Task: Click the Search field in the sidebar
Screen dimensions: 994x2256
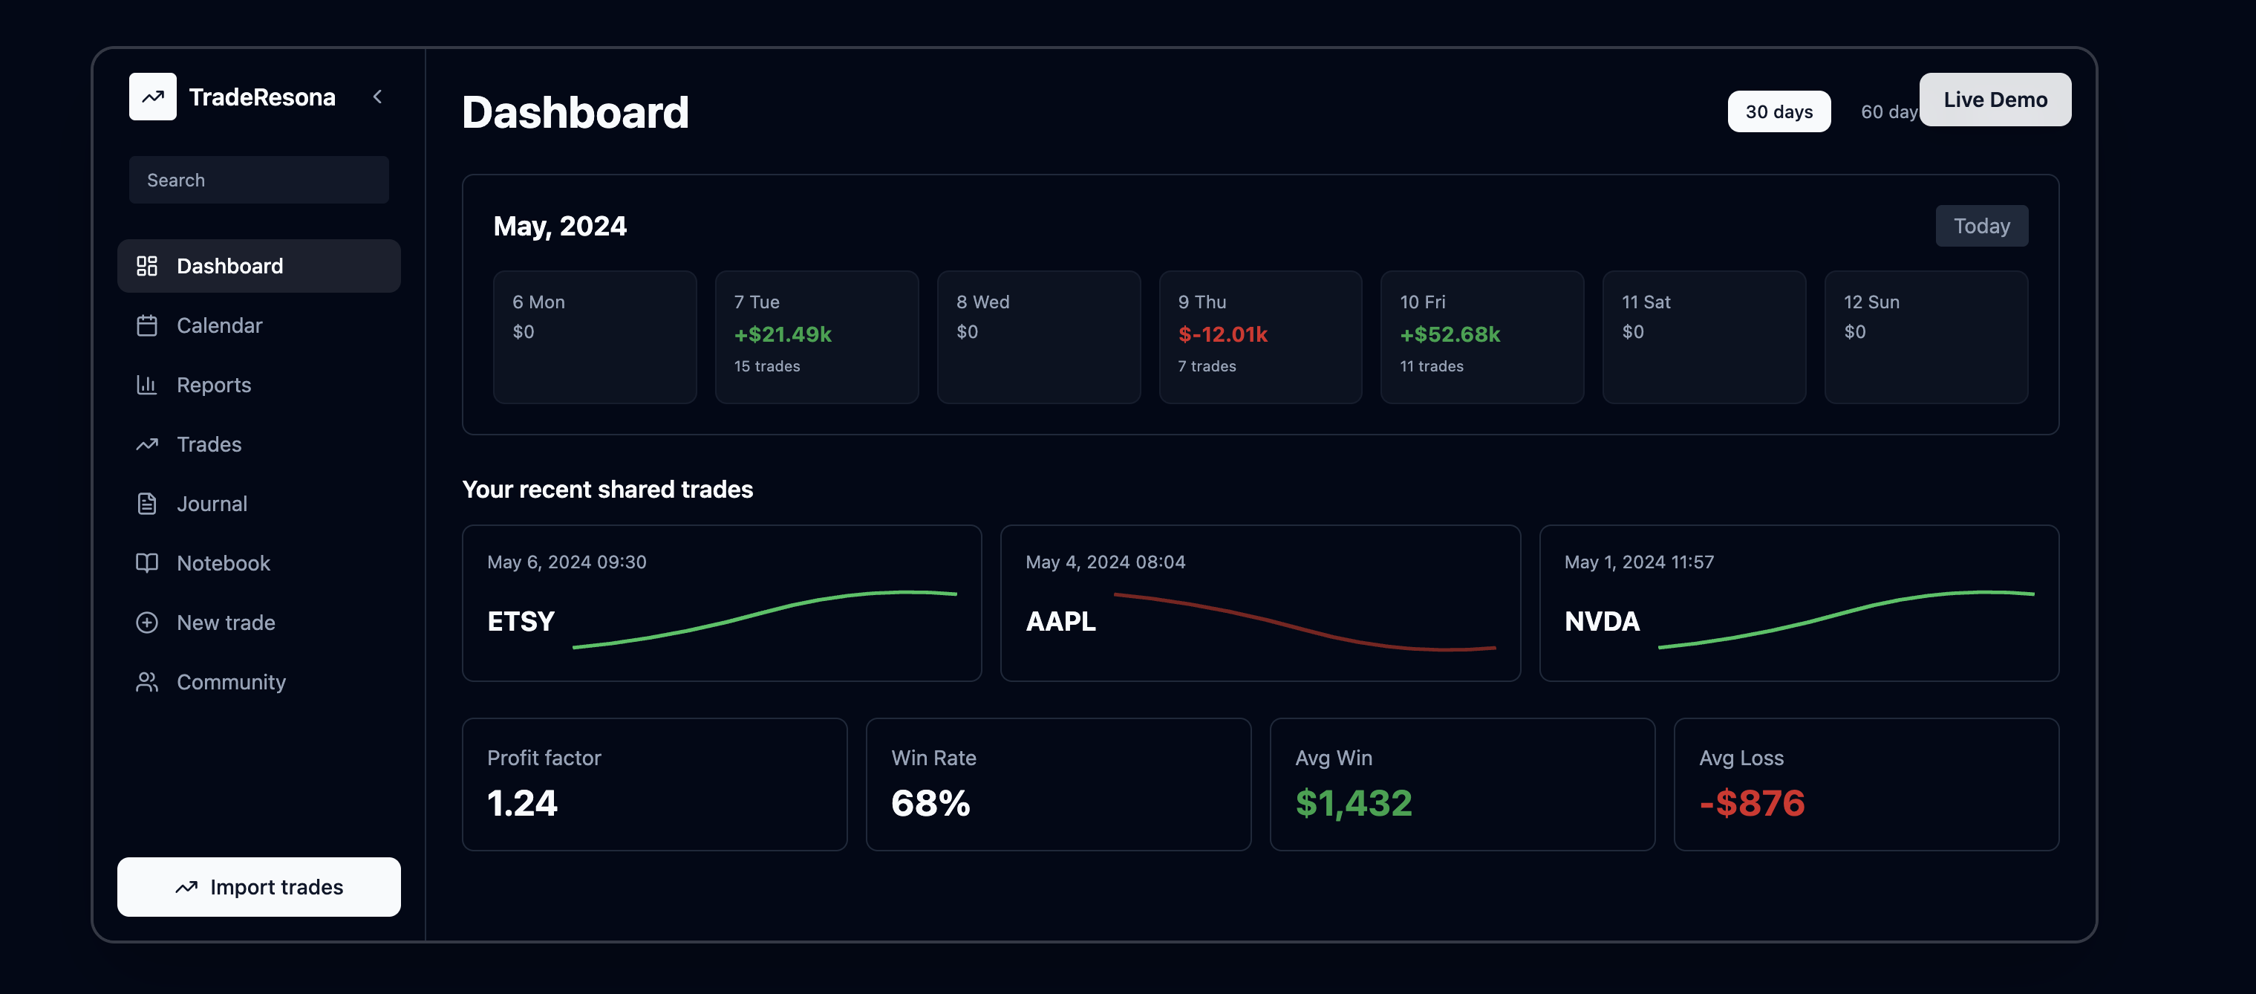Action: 258,180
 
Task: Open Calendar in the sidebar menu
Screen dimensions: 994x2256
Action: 219,326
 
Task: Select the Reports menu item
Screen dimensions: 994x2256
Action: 214,386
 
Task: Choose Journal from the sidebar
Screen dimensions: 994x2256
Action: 212,504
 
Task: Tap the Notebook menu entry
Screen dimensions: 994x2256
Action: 224,564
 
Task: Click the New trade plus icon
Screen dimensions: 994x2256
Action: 147,623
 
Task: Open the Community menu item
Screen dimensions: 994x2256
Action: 231,682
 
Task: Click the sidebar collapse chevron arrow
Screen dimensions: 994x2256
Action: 377,97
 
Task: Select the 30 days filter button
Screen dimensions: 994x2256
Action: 1778,112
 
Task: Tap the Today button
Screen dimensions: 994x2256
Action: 1980,226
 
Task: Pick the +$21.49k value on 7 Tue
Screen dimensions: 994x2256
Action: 782,334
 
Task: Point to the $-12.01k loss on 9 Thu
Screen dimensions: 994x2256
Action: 1222,334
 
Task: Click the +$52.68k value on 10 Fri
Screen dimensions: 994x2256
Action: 1450,334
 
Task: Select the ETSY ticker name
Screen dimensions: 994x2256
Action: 521,622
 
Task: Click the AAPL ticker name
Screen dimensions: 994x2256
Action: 1060,622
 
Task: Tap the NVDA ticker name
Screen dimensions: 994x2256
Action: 1602,622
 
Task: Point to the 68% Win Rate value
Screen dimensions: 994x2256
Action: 930,803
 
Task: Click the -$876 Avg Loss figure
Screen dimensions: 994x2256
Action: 1752,803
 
